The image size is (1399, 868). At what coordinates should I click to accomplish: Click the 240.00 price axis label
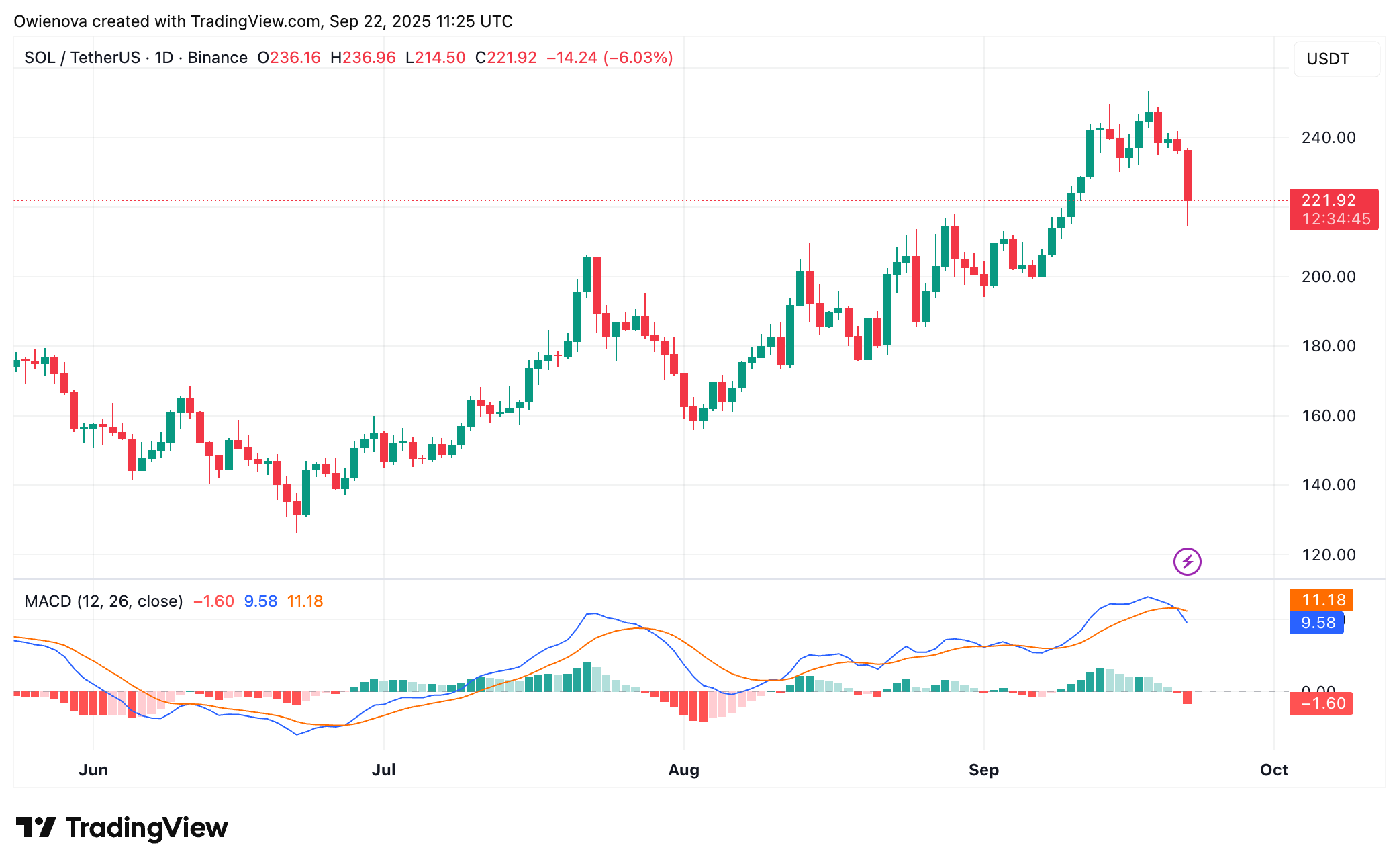pyautogui.click(x=1328, y=138)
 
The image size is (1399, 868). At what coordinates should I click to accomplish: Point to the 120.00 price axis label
pyautogui.click(x=1328, y=555)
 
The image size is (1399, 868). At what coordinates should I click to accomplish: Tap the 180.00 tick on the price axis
pyautogui.click(x=1328, y=346)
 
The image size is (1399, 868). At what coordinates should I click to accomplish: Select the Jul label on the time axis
pyautogui.click(x=383, y=770)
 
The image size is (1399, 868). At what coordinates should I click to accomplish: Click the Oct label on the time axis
pyautogui.click(x=1273, y=770)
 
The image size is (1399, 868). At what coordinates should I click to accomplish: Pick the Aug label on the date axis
pyautogui.click(x=683, y=770)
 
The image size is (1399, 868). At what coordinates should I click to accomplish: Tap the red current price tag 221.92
pyautogui.click(x=1333, y=201)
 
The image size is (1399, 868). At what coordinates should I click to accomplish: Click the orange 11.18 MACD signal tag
pyautogui.click(x=1321, y=600)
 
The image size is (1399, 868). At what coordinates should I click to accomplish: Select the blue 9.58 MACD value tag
pyautogui.click(x=1316, y=623)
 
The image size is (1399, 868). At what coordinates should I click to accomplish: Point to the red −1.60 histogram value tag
pyautogui.click(x=1321, y=703)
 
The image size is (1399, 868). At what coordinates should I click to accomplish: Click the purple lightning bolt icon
pyautogui.click(x=1187, y=562)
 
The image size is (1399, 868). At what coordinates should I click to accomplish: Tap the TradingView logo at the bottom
pyautogui.click(x=122, y=828)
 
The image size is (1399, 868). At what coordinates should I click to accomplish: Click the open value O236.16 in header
pyautogui.click(x=289, y=58)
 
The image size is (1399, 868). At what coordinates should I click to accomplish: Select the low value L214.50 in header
pyautogui.click(x=435, y=58)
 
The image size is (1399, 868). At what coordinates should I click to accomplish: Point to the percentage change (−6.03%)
pyautogui.click(x=638, y=58)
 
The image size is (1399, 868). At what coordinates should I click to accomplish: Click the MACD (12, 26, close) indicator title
pyautogui.click(x=103, y=601)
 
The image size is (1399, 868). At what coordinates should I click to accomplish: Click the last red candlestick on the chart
pyautogui.click(x=1188, y=175)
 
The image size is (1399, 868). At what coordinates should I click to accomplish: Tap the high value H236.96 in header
pyautogui.click(x=363, y=58)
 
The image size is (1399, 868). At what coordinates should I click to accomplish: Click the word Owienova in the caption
pyautogui.click(x=50, y=21)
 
